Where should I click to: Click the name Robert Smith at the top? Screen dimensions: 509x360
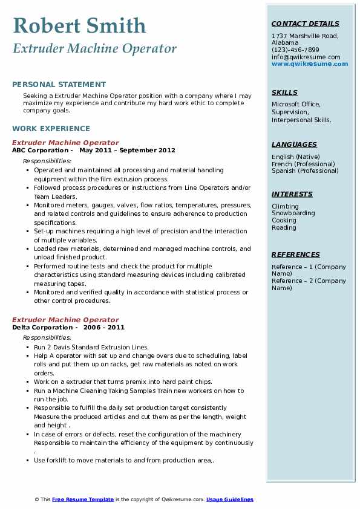(79, 26)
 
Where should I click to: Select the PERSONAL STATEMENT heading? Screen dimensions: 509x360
(59, 85)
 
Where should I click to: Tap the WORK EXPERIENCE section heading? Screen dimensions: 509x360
(51, 128)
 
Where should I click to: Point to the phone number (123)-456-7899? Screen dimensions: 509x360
(295, 50)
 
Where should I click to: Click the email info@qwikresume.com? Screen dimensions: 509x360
(306, 57)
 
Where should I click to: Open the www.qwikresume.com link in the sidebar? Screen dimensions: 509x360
(310, 63)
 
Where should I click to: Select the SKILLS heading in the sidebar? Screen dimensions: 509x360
(284, 92)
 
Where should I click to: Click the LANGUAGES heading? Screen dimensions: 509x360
(294, 144)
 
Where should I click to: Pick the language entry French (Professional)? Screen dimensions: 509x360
(303, 164)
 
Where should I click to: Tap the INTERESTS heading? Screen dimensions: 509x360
(292, 194)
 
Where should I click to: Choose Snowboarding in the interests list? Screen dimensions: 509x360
(293, 213)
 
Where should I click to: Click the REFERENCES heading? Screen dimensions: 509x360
(295, 254)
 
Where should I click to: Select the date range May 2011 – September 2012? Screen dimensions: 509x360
(127, 151)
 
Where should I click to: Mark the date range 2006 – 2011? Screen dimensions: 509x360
(104, 327)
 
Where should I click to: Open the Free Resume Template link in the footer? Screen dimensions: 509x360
(83, 499)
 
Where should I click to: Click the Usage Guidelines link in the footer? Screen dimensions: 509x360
(229, 499)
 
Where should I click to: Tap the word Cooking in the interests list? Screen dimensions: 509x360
(284, 221)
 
